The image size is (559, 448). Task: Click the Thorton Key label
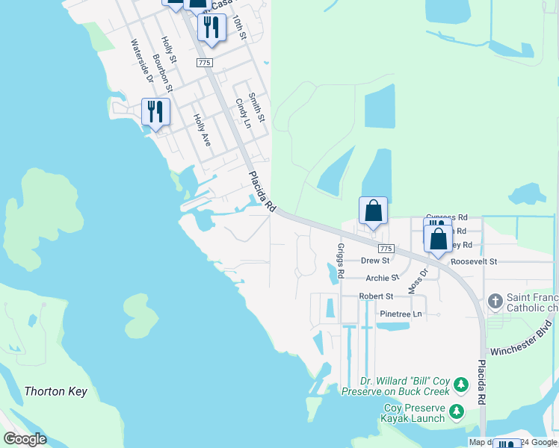tap(56, 391)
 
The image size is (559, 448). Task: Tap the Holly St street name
tap(169, 50)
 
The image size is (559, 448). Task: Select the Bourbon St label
tap(162, 72)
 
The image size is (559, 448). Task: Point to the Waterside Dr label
tap(141, 61)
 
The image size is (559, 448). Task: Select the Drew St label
tap(375, 261)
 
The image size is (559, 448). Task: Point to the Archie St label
tap(383, 279)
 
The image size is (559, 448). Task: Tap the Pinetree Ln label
tap(401, 314)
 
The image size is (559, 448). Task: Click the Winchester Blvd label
tap(522, 338)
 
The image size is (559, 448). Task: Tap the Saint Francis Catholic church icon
tap(494, 301)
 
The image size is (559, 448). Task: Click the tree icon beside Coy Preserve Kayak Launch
tap(455, 411)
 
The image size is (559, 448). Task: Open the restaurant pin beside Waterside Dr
tap(155, 113)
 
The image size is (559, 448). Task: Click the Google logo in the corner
tap(25, 439)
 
